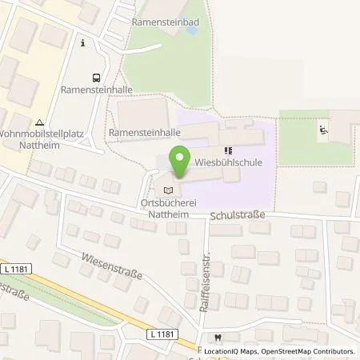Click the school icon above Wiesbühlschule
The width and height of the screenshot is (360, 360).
pyautogui.click(x=228, y=150)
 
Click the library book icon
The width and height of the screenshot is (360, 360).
pyautogui.click(x=166, y=190)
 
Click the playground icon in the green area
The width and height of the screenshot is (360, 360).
pyautogui.click(x=323, y=128)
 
